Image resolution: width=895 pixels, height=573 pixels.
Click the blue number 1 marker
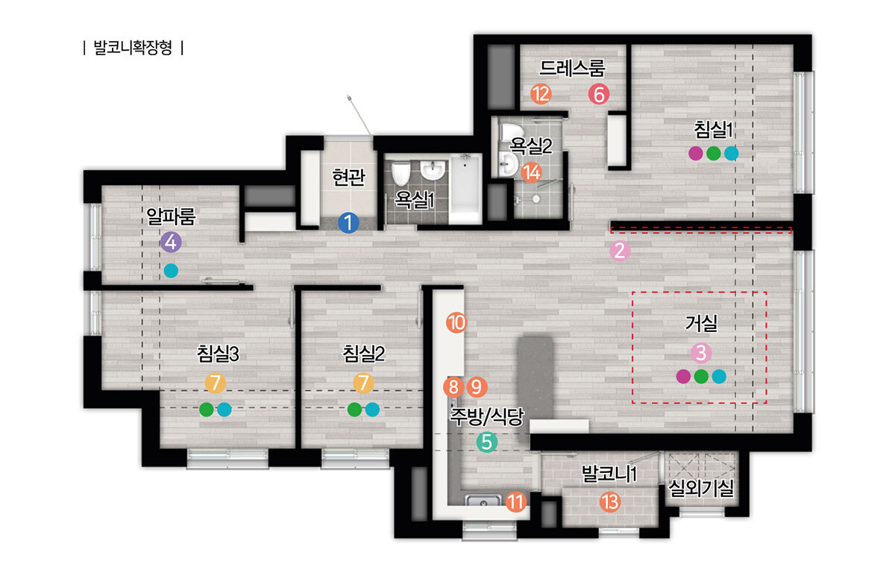point(348,223)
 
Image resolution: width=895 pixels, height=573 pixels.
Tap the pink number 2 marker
point(620,251)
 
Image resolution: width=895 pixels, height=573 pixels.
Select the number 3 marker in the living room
point(701,353)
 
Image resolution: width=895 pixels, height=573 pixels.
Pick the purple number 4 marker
point(171,242)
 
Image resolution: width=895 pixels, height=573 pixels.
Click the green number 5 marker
point(486,442)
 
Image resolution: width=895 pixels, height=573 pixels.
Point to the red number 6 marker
point(598,94)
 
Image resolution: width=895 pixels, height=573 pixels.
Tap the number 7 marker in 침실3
point(216,383)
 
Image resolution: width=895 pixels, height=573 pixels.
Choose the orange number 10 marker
point(456,322)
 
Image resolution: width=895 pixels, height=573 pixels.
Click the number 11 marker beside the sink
point(516,502)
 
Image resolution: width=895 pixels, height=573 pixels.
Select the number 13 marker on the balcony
point(610,502)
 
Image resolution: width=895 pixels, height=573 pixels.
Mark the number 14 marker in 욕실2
point(531,172)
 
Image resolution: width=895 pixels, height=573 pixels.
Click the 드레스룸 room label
point(572,68)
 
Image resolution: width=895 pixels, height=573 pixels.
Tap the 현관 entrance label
point(348,177)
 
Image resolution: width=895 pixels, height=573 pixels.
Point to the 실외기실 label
point(701,488)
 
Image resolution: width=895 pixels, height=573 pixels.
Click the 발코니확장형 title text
point(133,48)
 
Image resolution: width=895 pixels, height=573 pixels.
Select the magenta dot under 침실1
point(696,154)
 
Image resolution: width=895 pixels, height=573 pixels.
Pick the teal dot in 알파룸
point(171,271)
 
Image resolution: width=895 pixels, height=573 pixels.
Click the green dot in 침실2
point(354,410)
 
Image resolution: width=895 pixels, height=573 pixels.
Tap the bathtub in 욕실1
point(465,189)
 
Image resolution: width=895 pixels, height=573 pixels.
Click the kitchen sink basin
point(483,501)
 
